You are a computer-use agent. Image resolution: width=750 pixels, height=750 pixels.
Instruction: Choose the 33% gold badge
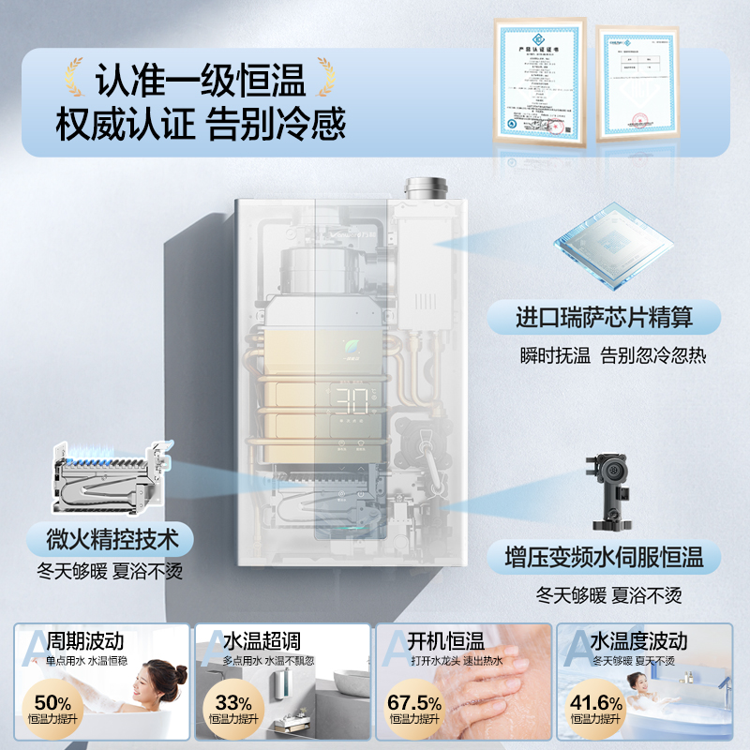(232, 706)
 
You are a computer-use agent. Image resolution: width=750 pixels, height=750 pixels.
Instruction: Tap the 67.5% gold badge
(414, 706)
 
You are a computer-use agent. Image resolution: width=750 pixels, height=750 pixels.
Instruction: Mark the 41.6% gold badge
(596, 706)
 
